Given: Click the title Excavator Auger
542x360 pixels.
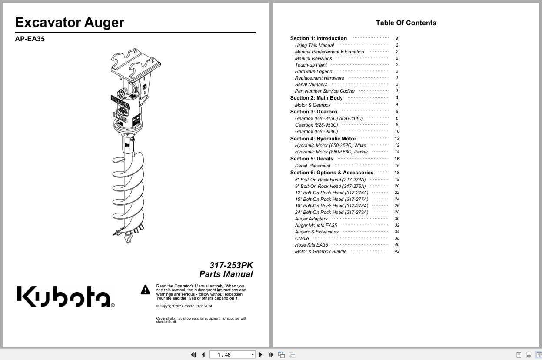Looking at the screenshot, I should pyautogui.click(x=70, y=22).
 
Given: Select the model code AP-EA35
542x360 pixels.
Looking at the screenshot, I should pyautogui.click(x=30, y=39).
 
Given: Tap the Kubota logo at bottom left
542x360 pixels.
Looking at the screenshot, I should pyautogui.click(x=65, y=296).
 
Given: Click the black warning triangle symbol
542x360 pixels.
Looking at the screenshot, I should pyautogui.click(x=145, y=290).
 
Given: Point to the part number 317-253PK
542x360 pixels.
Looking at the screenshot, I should pyautogui.click(x=231, y=265).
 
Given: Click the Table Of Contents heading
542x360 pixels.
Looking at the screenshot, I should pyautogui.click(x=406, y=23).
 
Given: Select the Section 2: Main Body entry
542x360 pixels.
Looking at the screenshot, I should pyautogui.click(x=316, y=98).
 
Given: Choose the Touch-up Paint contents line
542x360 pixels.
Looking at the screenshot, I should pyautogui.click(x=311, y=65).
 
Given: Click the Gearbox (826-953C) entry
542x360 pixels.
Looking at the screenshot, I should pyautogui.click(x=316, y=125).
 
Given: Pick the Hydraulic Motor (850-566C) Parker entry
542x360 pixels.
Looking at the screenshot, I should pyautogui.click(x=331, y=152).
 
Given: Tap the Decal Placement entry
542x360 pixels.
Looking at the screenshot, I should pyautogui.click(x=313, y=166).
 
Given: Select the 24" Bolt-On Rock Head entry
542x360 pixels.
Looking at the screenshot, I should pyautogui.click(x=331, y=212).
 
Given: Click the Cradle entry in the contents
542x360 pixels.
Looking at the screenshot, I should pyautogui.click(x=302, y=238).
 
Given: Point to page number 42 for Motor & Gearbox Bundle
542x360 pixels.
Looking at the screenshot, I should pyautogui.click(x=397, y=251).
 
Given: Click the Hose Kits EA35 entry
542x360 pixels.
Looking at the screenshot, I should pyautogui.click(x=311, y=245).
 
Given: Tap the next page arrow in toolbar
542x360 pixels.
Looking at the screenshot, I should pyautogui.click(x=261, y=355).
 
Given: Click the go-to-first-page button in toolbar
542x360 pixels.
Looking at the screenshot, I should pyautogui.click(x=193, y=355).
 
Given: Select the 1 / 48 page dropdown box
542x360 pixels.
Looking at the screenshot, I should pyautogui.click(x=233, y=355).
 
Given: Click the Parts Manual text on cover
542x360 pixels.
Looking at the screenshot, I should pyautogui.click(x=226, y=274).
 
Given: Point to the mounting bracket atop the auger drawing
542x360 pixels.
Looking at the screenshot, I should pyautogui.click(x=136, y=65).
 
